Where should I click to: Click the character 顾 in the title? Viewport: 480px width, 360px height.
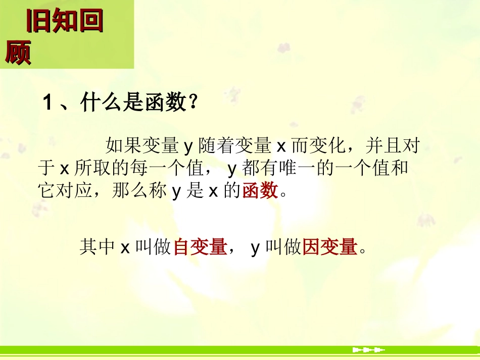[18, 52]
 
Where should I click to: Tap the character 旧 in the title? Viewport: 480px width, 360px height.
[38, 21]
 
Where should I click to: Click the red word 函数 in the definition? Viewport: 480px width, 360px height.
[260, 191]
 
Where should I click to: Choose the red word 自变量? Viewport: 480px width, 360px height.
[200, 247]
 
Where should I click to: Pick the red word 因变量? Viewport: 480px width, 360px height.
[329, 247]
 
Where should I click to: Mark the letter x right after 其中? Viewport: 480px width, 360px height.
[125, 248]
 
